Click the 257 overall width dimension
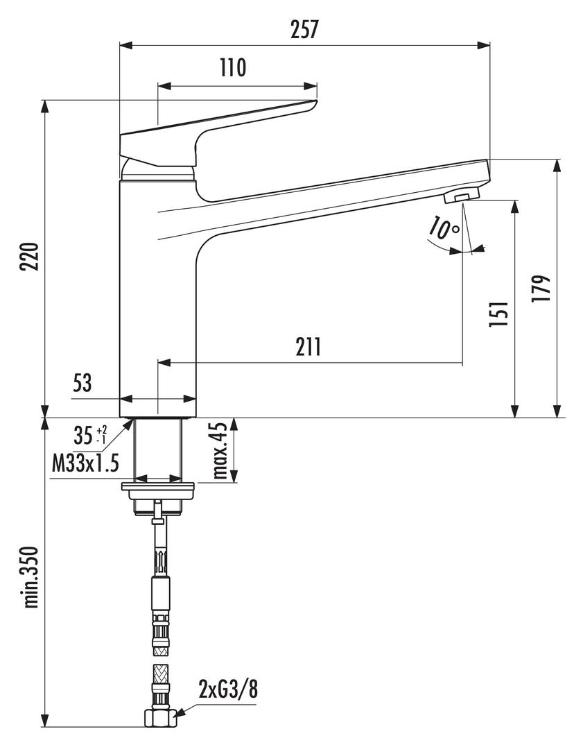click(x=304, y=29)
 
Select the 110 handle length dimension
click(x=233, y=68)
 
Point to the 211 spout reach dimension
click(x=307, y=346)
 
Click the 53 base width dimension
click(x=82, y=384)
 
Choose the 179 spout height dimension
click(x=543, y=288)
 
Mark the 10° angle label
click(x=444, y=228)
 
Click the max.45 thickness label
click(x=220, y=452)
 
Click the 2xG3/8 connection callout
click(x=229, y=690)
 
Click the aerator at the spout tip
click(x=461, y=196)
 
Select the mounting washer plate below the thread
click(x=159, y=487)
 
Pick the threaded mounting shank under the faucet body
click(x=159, y=449)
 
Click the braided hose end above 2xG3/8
click(x=159, y=683)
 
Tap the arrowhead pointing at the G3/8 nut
click(x=180, y=712)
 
